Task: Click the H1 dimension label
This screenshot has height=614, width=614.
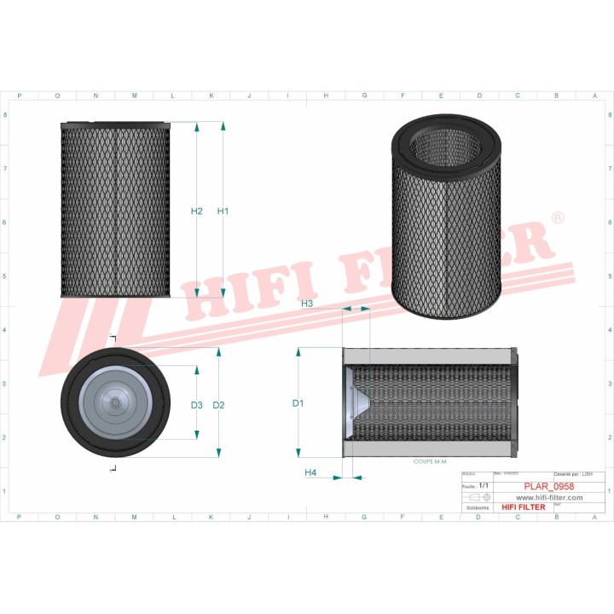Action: click(223, 211)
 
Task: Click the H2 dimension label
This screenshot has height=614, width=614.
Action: click(196, 211)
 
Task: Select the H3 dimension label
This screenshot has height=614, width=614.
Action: click(307, 304)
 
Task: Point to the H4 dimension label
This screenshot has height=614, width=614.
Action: click(310, 472)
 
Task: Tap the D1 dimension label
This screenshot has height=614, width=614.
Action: click(298, 403)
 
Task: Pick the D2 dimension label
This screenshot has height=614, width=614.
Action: click(219, 404)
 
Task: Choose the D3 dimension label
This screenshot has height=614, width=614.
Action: click(196, 404)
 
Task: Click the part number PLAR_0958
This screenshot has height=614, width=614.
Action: click(547, 486)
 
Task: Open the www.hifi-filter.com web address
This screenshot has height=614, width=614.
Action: click(544, 497)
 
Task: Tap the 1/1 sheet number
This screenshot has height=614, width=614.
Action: click(484, 485)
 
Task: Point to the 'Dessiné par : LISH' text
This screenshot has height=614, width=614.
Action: click(572, 472)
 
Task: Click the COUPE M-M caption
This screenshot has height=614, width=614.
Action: click(431, 461)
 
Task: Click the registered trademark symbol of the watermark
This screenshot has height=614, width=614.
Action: click(557, 218)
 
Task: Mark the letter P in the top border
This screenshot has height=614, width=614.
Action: click(19, 96)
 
